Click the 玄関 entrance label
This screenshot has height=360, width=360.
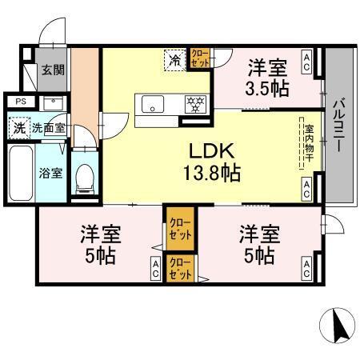54,70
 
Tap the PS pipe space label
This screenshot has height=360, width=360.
21,102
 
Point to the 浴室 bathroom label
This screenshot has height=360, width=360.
51,173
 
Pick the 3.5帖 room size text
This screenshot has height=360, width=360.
266,89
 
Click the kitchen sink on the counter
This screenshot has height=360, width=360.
152,102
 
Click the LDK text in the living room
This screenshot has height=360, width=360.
211,150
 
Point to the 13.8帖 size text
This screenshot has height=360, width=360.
211,171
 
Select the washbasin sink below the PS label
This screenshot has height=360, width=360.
52,102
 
